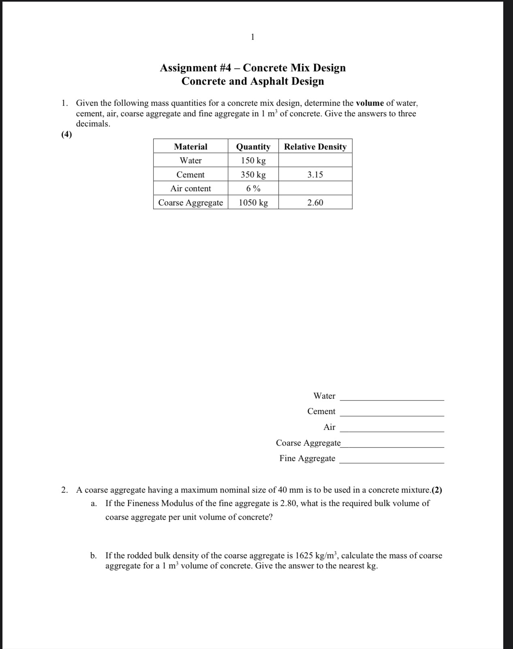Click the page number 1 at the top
click(x=253, y=37)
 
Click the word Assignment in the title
click(x=188, y=68)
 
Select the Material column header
click(x=190, y=147)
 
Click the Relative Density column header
click(x=315, y=147)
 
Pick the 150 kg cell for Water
click(x=253, y=160)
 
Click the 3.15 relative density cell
click(x=315, y=175)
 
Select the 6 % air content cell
click(x=253, y=188)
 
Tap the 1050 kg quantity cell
click(x=253, y=203)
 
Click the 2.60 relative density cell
click(x=315, y=203)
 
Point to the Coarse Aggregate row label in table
click(x=190, y=203)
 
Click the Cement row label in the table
click(x=190, y=175)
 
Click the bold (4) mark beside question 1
click(x=67, y=135)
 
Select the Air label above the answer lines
click(x=329, y=427)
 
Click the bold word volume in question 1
click(x=370, y=103)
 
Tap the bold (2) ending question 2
click(x=437, y=490)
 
